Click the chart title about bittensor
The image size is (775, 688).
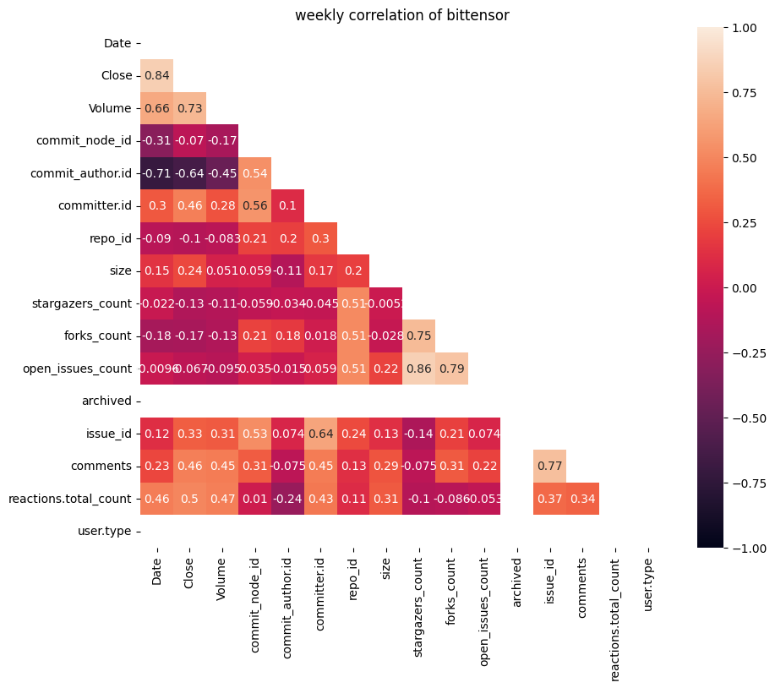(401, 15)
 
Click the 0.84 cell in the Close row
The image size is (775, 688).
(157, 75)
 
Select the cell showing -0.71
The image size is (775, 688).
(157, 173)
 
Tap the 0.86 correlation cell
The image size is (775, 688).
(418, 369)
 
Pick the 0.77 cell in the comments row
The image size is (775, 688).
(549, 467)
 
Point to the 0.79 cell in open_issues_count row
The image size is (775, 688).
(451, 369)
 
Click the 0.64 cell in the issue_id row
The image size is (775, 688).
(320, 434)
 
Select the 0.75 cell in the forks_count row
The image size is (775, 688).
(418, 336)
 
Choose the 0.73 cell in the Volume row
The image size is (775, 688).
(190, 108)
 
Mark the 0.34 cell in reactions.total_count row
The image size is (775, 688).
(582, 499)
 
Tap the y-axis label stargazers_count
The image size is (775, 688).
(85, 303)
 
